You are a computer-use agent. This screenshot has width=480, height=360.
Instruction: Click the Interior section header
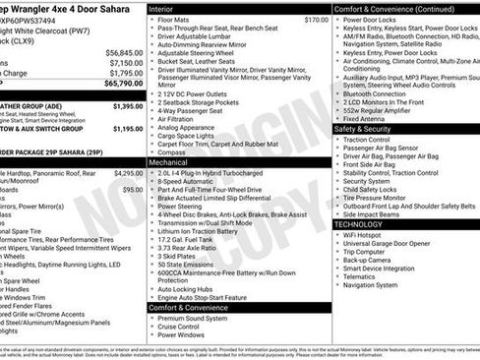(x=163, y=8)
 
